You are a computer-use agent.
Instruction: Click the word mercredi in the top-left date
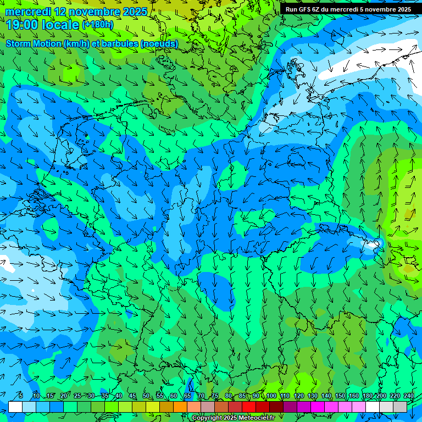point(27,11)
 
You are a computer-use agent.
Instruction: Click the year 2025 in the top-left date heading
point(134,11)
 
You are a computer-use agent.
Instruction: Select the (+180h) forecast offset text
point(97,24)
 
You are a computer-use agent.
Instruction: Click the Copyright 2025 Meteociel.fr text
point(233,418)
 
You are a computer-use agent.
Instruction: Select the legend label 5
point(21,396)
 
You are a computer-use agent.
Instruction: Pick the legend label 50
point(146,396)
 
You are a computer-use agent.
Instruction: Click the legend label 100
point(271,396)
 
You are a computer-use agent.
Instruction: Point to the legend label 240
point(409,396)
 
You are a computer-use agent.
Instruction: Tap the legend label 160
point(354,396)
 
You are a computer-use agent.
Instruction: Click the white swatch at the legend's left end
point(15,407)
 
